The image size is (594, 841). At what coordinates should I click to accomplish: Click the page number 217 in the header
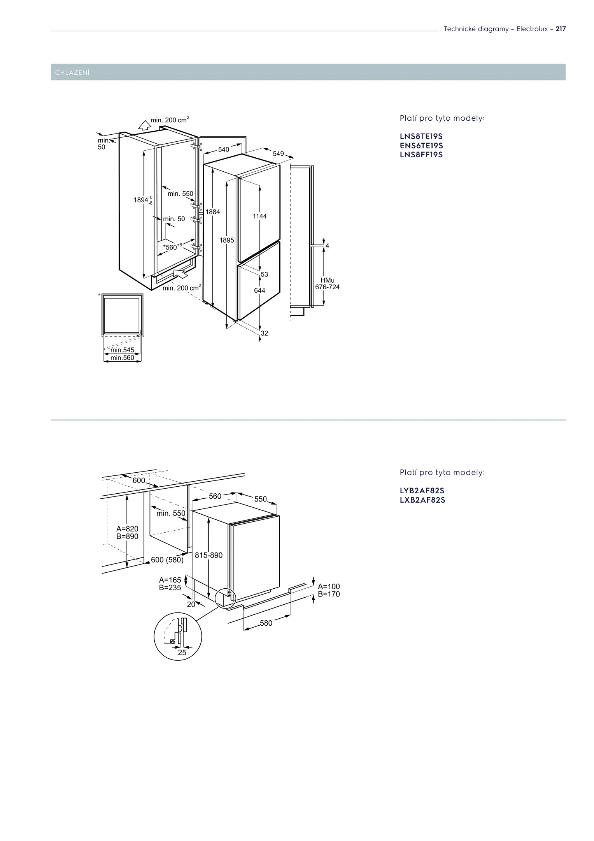click(560, 29)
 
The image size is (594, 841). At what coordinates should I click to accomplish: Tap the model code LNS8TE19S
click(421, 137)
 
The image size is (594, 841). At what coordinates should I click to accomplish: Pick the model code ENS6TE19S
click(421, 146)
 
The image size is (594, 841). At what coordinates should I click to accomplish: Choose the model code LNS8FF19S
click(421, 155)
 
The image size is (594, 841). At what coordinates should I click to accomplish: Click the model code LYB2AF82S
click(422, 491)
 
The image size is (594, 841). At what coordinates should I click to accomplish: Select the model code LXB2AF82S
click(422, 500)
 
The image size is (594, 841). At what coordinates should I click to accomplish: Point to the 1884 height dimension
click(213, 212)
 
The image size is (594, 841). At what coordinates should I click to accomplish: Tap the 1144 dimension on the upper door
click(259, 216)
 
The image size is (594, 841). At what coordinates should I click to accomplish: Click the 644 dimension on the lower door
click(259, 290)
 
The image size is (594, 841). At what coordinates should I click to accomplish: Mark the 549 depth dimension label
click(278, 154)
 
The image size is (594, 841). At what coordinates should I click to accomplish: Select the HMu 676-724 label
click(327, 284)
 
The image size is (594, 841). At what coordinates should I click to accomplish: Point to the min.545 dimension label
click(123, 350)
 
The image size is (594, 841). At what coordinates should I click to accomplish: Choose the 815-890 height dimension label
click(209, 555)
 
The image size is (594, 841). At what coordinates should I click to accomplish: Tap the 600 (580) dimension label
click(167, 559)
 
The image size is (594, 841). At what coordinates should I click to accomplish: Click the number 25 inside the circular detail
click(182, 653)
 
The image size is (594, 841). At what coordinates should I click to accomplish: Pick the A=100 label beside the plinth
click(329, 586)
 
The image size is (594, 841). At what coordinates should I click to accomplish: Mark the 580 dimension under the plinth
click(266, 623)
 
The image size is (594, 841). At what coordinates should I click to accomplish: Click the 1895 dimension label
click(227, 240)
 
